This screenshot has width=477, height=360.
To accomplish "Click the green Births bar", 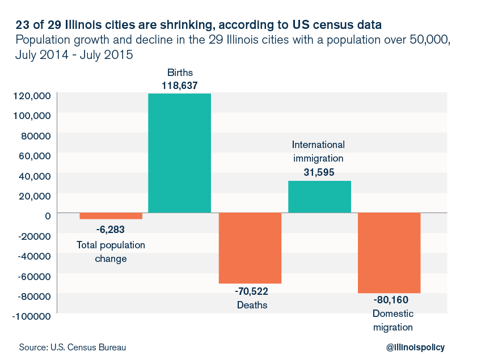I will pyautogui.click(x=179, y=153).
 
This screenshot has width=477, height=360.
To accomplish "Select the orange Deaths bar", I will pyautogui.click(x=250, y=248).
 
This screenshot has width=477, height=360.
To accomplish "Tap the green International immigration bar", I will pyautogui.click(x=320, y=197).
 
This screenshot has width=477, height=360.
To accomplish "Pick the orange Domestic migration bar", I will pyautogui.click(x=389, y=252).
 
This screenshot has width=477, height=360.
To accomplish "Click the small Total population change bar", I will pyautogui.click(x=111, y=215).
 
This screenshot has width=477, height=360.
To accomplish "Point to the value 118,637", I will pyautogui.click(x=179, y=85).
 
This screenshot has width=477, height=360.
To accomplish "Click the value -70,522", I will pyautogui.click(x=251, y=291).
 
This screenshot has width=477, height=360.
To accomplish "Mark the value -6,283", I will pyautogui.click(x=111, y=230).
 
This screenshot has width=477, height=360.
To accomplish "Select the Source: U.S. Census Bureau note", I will pyautogui.click(x=72, y=347).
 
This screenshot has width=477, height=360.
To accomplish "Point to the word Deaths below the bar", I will pyautogui.click(x=251, y=305).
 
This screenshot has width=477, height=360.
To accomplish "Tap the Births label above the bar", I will pyautogui.click(x=179, y=73).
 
